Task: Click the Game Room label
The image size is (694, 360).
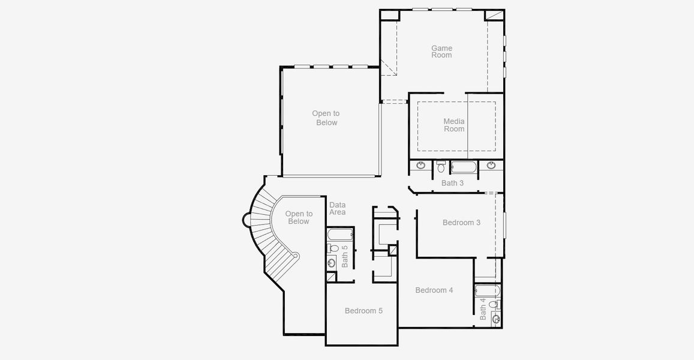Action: [441, 52]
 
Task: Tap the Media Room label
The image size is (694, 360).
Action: [454, 125]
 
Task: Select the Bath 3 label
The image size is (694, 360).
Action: [452, 183]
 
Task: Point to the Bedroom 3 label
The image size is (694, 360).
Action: [461, 223]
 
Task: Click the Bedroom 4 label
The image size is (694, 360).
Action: [434, 290]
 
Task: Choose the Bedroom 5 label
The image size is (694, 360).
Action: [363, 311]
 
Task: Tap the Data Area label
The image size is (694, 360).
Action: [337, 208]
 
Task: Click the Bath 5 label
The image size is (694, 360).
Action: [345, 256]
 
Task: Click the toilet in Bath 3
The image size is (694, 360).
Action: [441, 166]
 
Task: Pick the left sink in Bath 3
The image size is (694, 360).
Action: [421, 165]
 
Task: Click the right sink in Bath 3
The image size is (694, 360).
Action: [491, 165]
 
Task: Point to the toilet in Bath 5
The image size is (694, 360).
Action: [333, 248]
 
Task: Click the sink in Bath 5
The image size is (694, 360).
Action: [332, 262]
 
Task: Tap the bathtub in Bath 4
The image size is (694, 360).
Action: [487, 292]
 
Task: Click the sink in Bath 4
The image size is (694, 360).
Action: [495, 319]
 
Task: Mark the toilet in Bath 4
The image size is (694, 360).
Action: [493, 305]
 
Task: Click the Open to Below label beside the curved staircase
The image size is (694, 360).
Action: [299, 217]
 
